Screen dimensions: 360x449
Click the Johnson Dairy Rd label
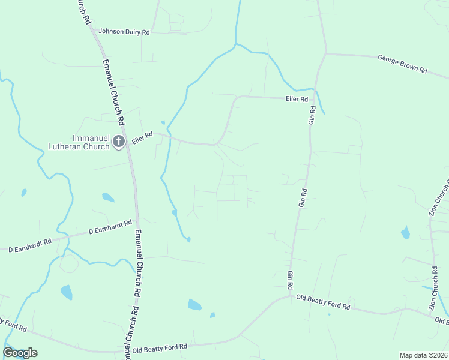pyautogui.click(x=124, y=32)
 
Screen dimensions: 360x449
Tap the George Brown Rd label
pyautogui.click(x=402, y=64)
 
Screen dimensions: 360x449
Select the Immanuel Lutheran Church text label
pyautogui.click(x=79, y=142)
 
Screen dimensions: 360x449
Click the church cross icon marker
pyautogui.click(x=119, y=142)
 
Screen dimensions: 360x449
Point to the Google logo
pyautogui.click(x=20, y=353)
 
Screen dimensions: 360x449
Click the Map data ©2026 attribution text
pyautogui.click(x=423, y=355)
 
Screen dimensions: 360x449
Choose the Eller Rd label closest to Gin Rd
pyautogui.click(x=297, y=99)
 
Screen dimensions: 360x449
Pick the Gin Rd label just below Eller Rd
pyautogui.click(x=312, y=115)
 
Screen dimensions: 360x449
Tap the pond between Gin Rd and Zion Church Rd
pyautogui.click(x=406, y=232)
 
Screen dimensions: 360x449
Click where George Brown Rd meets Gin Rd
pyautogui.click(x=325, y=54)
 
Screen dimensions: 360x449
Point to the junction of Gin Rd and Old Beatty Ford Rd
pyautogui.click(x=291, y=295)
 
